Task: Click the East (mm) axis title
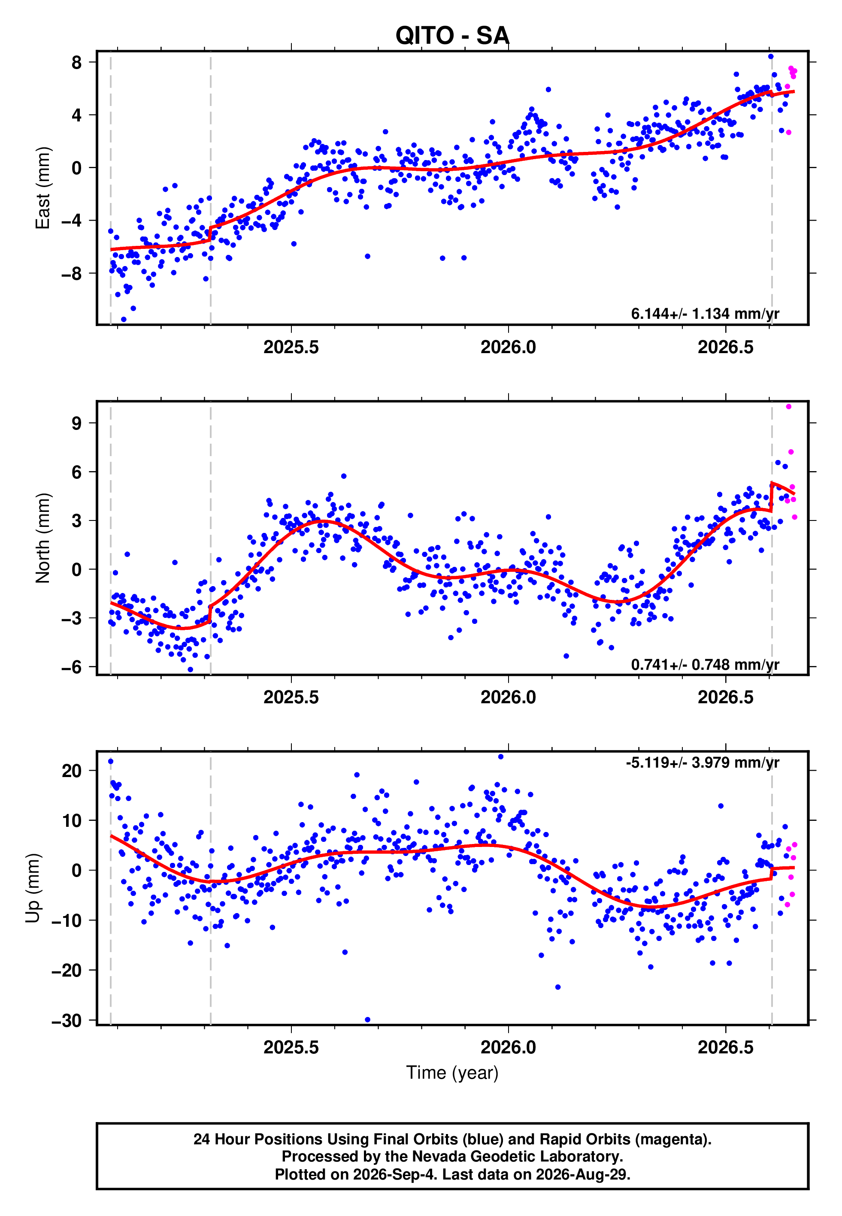(43, 188)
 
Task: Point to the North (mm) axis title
(43, 538)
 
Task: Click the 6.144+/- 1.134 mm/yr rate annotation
(705, 313)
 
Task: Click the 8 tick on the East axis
(77, 62)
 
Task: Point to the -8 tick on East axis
(71, 273)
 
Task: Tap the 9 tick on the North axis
(77, 423)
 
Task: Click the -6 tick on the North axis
(71, 667)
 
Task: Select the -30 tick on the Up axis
(67, 1020)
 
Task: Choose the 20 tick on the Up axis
(72, 771)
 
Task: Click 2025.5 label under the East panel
(291, 347)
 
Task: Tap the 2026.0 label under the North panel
(508, 697)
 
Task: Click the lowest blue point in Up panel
(368, 1020)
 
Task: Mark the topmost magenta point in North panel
(789, 407)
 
